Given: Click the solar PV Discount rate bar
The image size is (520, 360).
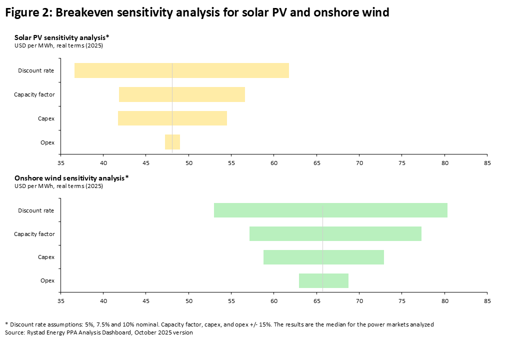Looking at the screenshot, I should (181, 70).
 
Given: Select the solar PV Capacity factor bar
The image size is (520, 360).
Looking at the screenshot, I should (182, 94).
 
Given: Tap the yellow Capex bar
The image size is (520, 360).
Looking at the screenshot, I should (172, 118).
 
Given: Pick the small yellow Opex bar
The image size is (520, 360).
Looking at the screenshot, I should (172, 142).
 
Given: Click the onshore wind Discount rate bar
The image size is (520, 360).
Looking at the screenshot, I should (330, 210).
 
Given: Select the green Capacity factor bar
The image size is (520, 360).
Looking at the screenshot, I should (335, 233).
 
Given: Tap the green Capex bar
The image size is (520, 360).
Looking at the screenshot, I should (323, 257).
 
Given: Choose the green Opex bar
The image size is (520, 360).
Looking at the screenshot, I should (323, 280).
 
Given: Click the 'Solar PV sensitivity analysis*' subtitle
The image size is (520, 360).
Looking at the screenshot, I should (62, 37).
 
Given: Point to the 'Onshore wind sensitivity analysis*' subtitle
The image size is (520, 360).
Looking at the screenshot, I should (71, 177).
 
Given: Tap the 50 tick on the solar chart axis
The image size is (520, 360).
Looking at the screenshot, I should (189, 162).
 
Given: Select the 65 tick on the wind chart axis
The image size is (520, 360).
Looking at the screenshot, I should (316, 301).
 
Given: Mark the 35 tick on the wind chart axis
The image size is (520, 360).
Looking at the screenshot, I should (61, 301).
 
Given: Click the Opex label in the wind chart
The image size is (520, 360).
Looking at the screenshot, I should (47, 280).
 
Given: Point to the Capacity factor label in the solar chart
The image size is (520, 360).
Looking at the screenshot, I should (34, 94).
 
